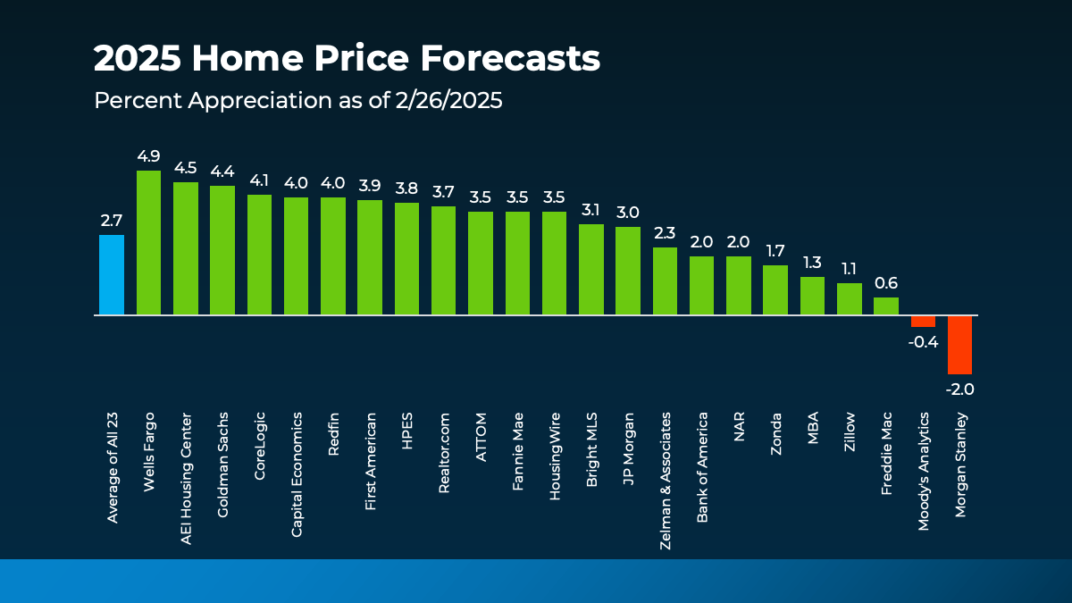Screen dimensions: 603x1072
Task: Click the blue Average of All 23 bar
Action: pos(112,275)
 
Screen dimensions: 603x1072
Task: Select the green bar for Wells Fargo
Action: pos(148,243)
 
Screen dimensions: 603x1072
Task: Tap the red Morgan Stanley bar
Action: pos(959,345)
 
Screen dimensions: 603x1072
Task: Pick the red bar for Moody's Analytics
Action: pos(923,322)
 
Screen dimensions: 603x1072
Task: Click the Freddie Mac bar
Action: pos(886,306)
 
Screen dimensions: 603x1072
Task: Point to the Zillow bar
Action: pos(850,299)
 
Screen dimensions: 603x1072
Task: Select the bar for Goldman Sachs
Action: pos(222,250)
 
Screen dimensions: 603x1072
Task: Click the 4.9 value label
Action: pos(148,156)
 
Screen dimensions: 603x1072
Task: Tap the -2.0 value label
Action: pos(959,389)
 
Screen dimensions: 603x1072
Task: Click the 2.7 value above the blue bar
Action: pos(112,221)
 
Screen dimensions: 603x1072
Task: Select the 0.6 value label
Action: pos(886,283)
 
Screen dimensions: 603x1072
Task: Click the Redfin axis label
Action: pos(333,434)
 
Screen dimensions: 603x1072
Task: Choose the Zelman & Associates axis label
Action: pos(666,467)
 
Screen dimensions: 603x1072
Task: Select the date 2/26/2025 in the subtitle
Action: pos(448,101)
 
